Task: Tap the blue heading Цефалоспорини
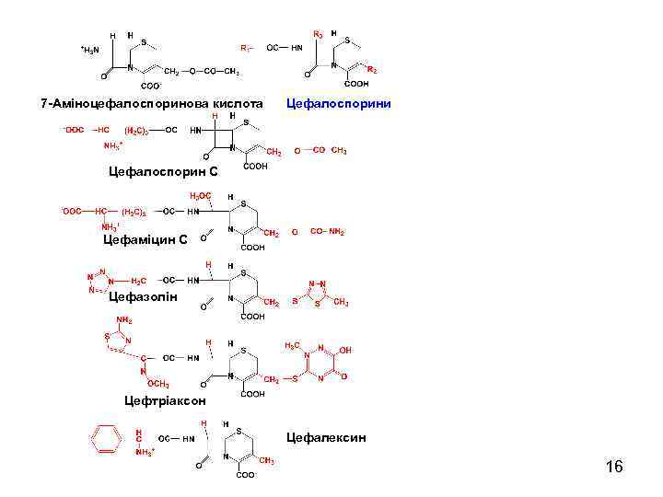340,103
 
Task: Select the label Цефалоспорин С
163,171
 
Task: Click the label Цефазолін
143,296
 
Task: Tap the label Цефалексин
326,437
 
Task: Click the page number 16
614,468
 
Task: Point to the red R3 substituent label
317,34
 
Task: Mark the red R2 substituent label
372,69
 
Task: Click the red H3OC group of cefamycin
200,196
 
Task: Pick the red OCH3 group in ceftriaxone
158,383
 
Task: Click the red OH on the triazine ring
344,350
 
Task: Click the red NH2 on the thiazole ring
123,320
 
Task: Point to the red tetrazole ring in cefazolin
99,279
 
